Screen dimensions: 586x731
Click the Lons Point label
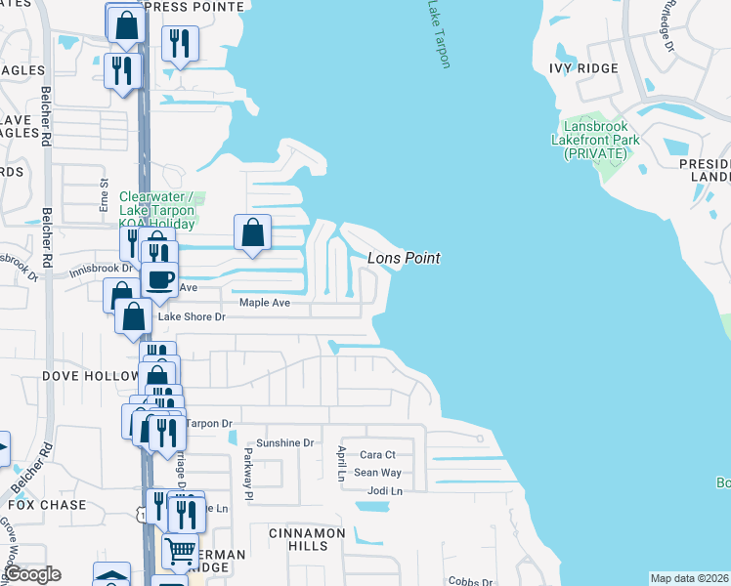tap(404, 258)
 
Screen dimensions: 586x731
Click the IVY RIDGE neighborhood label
tap(583, 67)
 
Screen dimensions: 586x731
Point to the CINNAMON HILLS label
tap(309, 539)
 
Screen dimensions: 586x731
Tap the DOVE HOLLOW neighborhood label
tap(77, 376)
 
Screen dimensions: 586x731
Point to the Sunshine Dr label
tap(285, 442)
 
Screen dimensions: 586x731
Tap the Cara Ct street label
tap(377, 454)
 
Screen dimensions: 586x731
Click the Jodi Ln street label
tap(384, 489)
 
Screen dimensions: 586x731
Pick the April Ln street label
tap(341, 464)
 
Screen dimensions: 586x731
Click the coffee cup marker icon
tap(159, 279)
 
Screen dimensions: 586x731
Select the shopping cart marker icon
tap(179, 553)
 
